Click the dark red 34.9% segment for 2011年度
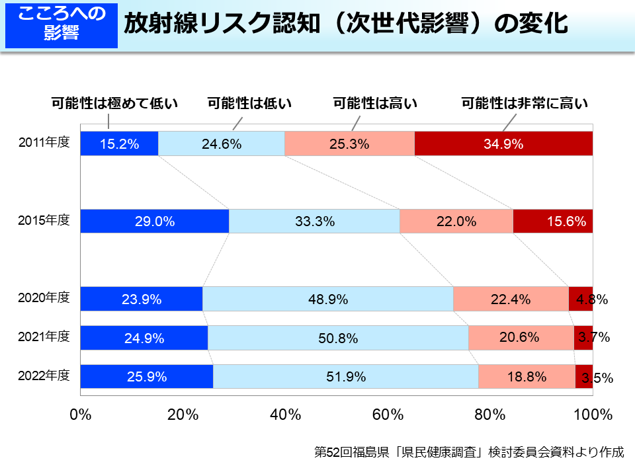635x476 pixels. click(x=503, y=143)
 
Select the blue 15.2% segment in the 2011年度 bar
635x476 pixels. click(x=119, y=143)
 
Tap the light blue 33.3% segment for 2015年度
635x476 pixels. click(x=314, y=221)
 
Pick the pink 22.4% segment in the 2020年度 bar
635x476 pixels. click(x=511, y=299)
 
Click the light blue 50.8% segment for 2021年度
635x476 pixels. click(x=338, y=338)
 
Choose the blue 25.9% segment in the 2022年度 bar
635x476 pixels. click(x=146, y=377)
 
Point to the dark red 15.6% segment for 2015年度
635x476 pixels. click(x=552, y=221)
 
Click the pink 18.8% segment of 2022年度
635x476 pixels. click(x=527, y=377)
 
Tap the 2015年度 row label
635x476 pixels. click(x=44, y=220)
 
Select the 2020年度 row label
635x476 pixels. click(x=44, y=297)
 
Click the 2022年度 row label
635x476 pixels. click(x=44, y=376)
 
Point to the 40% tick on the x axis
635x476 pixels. click(x=286, y=415)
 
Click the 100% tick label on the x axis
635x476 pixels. click(x=592, y=415)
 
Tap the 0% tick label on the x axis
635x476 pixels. click(x=80, y=415)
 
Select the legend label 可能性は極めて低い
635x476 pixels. click(x=115, y=103)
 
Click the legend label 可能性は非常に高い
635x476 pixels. click(x=525, y=103)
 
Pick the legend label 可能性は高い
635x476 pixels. click(x=375, y=103)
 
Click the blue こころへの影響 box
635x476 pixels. click(x=61, y=24)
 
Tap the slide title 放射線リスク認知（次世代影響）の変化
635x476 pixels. click(x=345, y=24)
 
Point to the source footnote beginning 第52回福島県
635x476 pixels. click(x=468, y=453)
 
